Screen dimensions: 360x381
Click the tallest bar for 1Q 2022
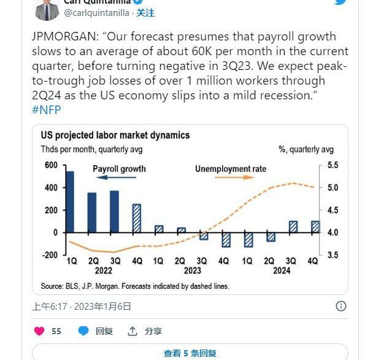70,202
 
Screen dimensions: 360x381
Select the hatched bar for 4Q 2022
137,218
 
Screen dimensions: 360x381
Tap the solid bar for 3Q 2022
114,212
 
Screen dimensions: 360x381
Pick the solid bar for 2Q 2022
92,213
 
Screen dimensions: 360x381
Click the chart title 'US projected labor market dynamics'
115,135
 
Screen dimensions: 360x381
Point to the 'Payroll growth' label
119,169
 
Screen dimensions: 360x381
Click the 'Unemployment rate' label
231,169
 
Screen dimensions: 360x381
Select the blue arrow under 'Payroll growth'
116,177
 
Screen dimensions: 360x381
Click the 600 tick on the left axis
51,165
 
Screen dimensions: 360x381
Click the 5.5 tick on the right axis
333,165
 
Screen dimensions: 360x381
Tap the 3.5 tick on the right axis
333,255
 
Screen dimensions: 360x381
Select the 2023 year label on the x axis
193,270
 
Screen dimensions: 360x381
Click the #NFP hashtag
47,110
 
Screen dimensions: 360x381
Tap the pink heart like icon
39,331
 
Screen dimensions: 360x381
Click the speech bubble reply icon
83,331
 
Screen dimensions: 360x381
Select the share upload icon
133,331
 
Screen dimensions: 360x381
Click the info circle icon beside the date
341,306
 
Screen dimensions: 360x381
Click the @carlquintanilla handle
97,13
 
